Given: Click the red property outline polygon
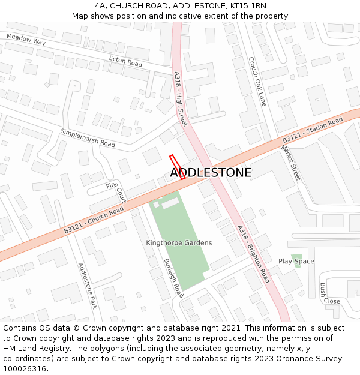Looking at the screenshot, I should pos(177,167).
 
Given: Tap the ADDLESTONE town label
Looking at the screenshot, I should pos(211,173).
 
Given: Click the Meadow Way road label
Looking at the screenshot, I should pos(26,40).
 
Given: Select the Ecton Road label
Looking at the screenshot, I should pos(125,61).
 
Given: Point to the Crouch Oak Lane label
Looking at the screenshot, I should pos(257,81).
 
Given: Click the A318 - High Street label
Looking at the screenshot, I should pos(180,99).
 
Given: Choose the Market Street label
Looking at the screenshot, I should pos(290,162).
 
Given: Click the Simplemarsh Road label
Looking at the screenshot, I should pos(88,137).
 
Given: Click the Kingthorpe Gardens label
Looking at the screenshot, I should pos(179,243).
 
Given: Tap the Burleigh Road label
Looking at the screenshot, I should pos(173,278).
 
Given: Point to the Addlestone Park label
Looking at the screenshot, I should pos(87,286).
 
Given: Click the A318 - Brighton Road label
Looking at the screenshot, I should pos(253,254).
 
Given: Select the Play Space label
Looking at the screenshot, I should pos(296,262).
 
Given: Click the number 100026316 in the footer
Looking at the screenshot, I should pos(25,369).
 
